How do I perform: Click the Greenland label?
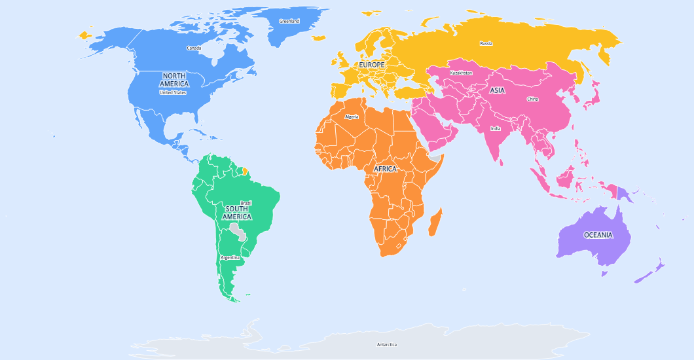tap(289, 21)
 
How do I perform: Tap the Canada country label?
tap(194, 48)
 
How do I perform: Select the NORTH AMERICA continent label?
tap(174, 80)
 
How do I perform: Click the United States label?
tap(173, 92)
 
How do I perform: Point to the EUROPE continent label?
tap(371, 65)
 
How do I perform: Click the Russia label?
tap(486, 43)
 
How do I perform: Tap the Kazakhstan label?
tap(461, 73)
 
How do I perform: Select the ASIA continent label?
tap(497, 90)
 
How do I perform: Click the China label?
tap(532, 99)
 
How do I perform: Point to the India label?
tap(496, 128)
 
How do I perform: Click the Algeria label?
tap(352, 117)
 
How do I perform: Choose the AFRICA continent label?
tap(385, 169)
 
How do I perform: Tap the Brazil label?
tap(246, 203)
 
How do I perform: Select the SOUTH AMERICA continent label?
tap(236, 213)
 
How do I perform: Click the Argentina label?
tap(230, 257)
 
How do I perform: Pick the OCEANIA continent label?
tap(598, 235)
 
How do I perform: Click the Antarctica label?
tap(386, 344)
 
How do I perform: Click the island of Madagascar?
tap(434, 221)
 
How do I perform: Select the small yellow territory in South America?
tap(245, 171)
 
